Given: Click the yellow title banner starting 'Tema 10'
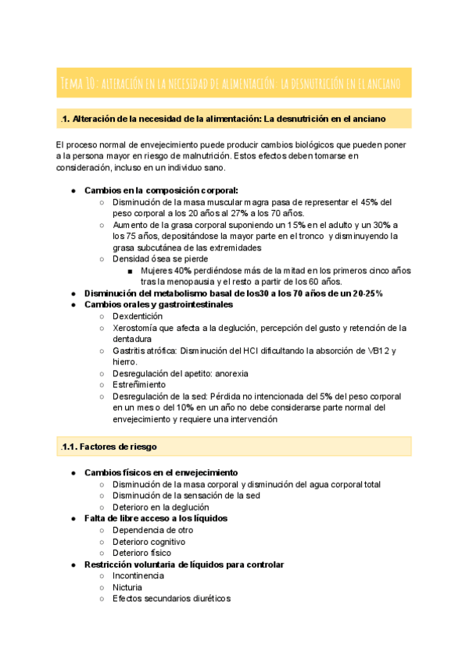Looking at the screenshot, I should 234,82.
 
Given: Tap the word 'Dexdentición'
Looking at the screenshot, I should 138,316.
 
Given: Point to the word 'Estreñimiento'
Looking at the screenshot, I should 139,384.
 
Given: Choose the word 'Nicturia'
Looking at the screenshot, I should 127,587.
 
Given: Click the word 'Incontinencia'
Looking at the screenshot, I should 138,575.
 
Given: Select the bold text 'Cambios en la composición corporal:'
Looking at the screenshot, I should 161,190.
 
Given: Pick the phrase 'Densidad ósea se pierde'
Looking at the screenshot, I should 159,258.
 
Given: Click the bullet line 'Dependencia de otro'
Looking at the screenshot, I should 152,530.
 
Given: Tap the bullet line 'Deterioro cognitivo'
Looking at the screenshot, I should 149,541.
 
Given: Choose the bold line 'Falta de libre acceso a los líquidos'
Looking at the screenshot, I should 156,518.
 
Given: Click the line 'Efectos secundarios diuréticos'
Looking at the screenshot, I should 171,599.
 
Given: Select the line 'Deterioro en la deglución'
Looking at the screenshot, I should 161,507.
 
